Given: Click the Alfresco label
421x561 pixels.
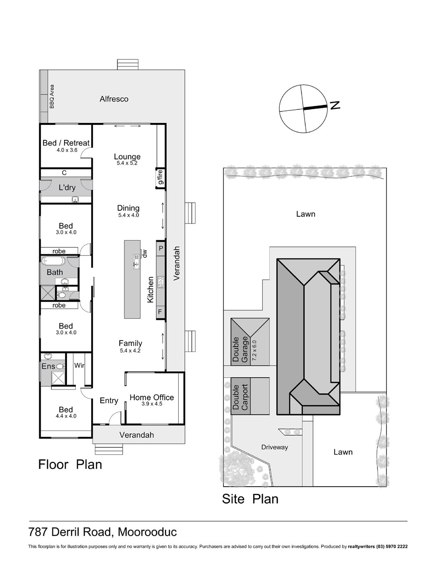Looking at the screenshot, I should pos(114,99).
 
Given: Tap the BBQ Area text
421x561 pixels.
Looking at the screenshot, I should pos(52,96).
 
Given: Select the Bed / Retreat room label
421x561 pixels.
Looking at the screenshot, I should pos(66,143).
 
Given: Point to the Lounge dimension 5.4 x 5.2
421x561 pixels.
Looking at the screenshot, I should pos(127,164).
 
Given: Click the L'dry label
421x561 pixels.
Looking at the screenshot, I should pos(67,188).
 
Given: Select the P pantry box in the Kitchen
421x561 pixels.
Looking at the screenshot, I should pos(160,248).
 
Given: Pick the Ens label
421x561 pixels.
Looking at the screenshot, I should pos(49,367).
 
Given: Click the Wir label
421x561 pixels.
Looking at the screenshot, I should pos(79,366).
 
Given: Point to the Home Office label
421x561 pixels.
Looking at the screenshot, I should pos(152,397).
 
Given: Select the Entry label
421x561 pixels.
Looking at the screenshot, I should pos(109,401).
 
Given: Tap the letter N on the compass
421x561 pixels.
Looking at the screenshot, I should pos(335,106).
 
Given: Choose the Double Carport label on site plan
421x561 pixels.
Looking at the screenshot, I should pos(240,397).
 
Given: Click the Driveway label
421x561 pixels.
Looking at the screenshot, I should pos(275,447).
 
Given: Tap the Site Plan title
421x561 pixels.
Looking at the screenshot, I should pos(250,499).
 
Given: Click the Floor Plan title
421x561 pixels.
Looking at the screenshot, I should pos(70,465).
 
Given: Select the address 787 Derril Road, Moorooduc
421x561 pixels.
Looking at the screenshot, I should pos(102,532).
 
